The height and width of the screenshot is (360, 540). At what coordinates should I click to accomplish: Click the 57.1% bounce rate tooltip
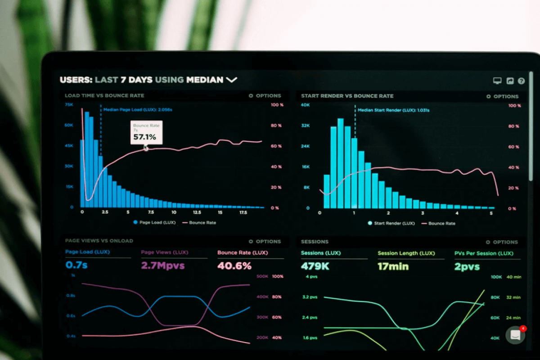[146, 133]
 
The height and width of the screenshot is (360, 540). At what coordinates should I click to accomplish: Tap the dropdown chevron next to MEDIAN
[231, 80]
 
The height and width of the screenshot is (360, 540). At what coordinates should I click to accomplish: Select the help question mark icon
[521, 81]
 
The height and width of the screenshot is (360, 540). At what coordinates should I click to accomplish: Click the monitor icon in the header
[497, 81]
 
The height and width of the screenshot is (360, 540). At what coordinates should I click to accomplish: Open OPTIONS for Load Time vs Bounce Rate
[265, 96]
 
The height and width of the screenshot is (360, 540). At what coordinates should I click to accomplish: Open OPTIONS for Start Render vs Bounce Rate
[502, 96]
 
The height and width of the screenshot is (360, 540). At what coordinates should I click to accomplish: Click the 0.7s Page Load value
[76, 265]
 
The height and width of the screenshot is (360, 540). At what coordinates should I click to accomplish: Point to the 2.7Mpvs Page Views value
[163, 265]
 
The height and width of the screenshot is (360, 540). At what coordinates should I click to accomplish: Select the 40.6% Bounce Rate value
[234, 266]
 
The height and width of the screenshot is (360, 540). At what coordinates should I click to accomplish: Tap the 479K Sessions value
[315, 266]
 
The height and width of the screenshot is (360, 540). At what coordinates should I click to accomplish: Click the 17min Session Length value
[393, 266]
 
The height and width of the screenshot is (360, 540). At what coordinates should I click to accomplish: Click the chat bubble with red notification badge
[515, 335]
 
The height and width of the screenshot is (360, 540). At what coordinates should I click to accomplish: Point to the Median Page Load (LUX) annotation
[138, 109]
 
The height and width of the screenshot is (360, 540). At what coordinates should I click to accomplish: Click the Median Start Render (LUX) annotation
[393, 110]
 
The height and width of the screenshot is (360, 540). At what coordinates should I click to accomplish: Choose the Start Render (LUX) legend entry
[391, 223]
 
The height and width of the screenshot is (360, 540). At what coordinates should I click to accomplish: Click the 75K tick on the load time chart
[69, 104]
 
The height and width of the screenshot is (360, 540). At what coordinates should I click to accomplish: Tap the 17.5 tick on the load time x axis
[243, 212]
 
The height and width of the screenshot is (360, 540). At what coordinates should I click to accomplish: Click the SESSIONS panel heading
[315, 242]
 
